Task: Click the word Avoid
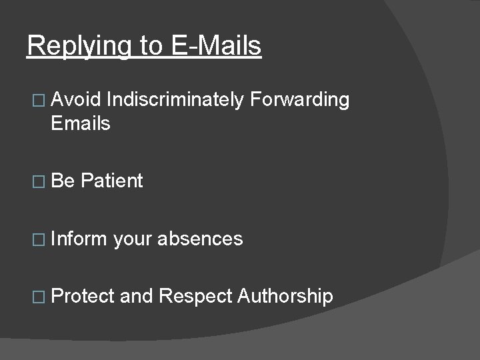click(75, 100)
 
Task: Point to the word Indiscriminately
click(175, 101)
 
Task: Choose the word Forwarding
click(300, 101)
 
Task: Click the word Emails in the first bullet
click(80, 123)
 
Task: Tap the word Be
click(63, 181)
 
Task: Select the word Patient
click(112, 181)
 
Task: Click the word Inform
click(79, 239)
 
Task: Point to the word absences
click(200, 239)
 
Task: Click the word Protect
click(82, 296)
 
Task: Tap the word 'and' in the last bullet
click(137, 296)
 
